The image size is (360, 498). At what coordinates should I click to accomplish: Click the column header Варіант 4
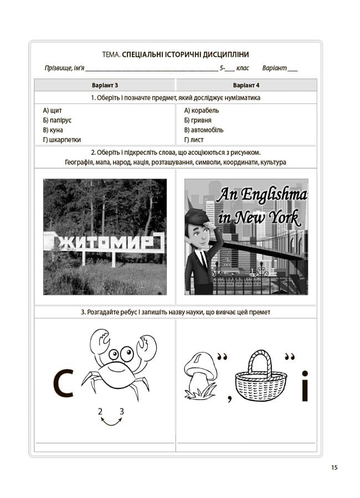pyautogui.click(x=246, y=85)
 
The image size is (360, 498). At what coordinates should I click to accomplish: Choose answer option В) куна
pyautogui.click(x=53, y=130)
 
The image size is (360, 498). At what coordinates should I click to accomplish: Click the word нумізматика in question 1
pyautogui.click(x=242, y=98)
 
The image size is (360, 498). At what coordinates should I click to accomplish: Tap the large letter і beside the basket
pyautogui.click(x=304, y=386)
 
